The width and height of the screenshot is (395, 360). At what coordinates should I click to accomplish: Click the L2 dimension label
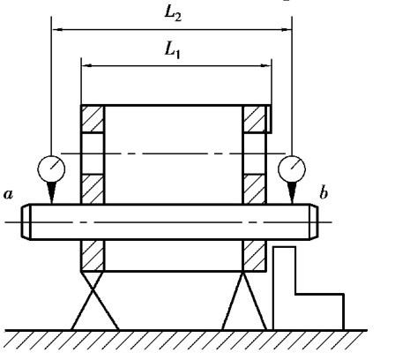[x=173, y=14]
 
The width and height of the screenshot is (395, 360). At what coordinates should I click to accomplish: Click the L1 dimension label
[x=172, y=50]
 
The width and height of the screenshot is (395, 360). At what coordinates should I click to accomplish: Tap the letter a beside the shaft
[x=9, y=194]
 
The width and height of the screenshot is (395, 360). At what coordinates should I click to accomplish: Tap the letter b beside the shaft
[x=324, y=193]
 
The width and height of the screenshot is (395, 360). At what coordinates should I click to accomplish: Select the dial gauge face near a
[x=51, y=169]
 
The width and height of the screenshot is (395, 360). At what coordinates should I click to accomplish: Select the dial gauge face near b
[x=292, y=169]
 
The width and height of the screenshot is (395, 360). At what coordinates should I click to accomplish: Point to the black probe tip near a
[x=52, y=192]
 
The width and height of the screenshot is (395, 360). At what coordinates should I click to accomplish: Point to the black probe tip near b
[x=292, y=192]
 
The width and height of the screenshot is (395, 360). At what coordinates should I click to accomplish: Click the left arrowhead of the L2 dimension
[x=59, y=29]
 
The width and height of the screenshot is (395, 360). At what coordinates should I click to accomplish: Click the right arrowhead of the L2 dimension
[x=285, y=29]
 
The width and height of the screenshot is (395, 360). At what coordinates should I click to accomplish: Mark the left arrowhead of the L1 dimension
[x=87, y=65]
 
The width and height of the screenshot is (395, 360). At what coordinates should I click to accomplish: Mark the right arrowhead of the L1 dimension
[x=265, y=65]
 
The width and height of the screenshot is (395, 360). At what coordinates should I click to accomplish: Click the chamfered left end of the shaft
[x=26, y=221]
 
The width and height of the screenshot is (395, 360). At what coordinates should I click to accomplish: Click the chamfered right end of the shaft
[x=314, y=221]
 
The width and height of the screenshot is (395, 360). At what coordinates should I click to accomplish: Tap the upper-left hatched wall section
[x=93, y=119]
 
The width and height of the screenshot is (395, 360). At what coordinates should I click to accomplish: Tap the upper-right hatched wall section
[x=255, y=119]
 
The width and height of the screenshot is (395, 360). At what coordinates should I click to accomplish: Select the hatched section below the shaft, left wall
[x=93, y=255]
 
